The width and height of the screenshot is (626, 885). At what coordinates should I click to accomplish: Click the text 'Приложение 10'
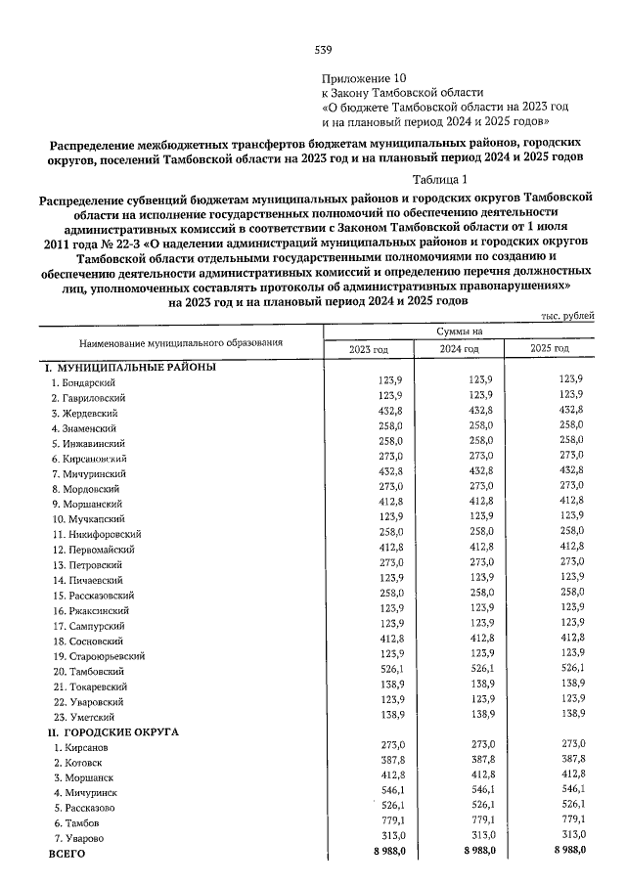tap(363, 77)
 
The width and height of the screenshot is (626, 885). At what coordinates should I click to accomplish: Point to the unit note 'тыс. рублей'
tap(566, 316)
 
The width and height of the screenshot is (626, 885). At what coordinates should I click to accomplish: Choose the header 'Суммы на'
tap(459, 332)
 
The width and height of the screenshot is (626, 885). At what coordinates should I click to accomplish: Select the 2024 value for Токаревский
tap(482, 686)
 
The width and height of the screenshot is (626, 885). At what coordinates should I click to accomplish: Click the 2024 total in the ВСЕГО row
tap(480, 853)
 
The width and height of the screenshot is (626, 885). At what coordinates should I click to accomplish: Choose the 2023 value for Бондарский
tap(391, 382)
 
